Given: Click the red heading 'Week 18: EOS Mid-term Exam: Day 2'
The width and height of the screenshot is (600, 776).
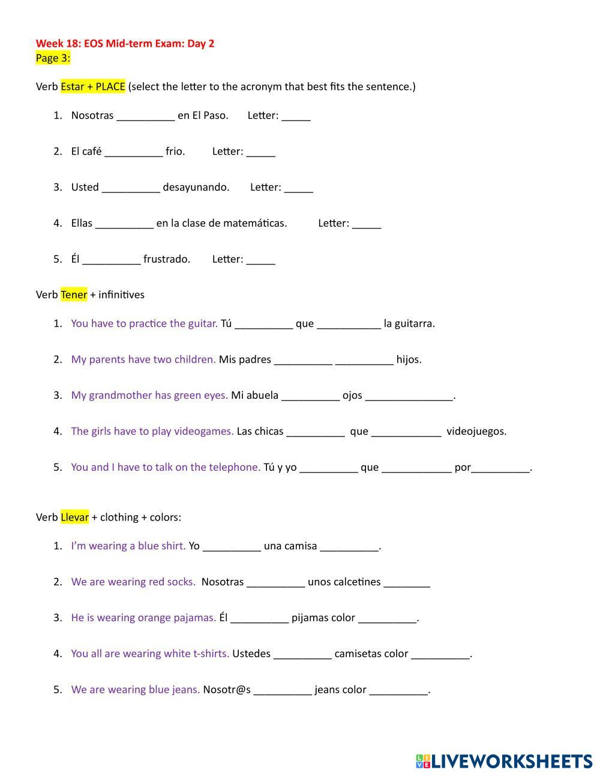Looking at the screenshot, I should click(x=125, y=43).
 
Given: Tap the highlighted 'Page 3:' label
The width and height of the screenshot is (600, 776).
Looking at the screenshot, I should click(x=53, y=58).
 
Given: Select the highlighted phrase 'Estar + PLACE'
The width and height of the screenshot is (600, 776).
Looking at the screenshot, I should click(x=92, y=86).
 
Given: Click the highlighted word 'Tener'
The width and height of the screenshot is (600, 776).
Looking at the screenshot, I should click(x=74, y=294).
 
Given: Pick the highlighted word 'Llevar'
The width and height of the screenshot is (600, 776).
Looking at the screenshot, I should click(x=74, y=517).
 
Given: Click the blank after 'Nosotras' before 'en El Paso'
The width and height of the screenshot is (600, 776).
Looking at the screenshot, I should click(x=145, y=116).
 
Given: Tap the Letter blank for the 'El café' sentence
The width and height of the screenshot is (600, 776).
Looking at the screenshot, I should click(x=260, y=152).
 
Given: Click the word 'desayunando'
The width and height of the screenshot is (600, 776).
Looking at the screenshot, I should click(x=196, y=187).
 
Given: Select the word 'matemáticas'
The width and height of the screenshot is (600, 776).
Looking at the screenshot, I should click(x=254, y=223).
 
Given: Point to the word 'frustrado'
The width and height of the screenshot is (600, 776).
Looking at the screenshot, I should click(x=167, y=259).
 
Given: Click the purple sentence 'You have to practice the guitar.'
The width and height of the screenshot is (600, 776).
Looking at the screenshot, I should click(x=144, y=323).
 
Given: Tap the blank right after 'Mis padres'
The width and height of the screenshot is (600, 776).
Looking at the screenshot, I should click(x=302, y=360).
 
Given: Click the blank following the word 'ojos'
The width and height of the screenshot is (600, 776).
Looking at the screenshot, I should click(x=409, y=396).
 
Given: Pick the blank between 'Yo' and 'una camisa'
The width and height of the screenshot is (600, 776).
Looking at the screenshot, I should click(x=232, y=547).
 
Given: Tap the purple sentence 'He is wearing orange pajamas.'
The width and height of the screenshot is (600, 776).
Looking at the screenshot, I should click(x=143, y=618).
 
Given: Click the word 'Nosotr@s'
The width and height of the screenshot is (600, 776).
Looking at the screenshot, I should click(x=227, y=690).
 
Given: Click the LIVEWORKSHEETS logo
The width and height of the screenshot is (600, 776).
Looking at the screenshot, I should click(x=504, y=761).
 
